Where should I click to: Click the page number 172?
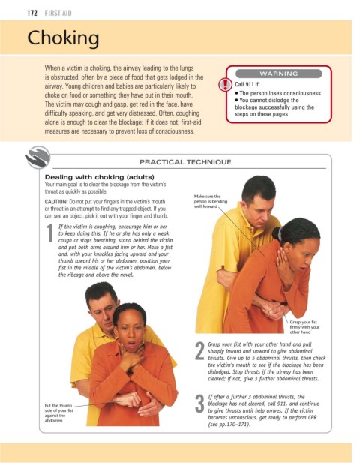click(32, 13)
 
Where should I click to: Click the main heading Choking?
click(63, 38)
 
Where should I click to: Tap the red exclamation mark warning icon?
click(225, 85)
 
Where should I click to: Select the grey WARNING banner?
click(278, 74)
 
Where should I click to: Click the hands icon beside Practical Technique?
click(37, 157)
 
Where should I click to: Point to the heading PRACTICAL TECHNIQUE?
click(185, 162)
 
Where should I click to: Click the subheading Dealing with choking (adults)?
click(100, 177)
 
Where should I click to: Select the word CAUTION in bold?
click(56, 202)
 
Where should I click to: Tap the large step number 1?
click(49, 233)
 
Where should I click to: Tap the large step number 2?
click(199, 351)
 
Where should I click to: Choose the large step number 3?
click(199, 404)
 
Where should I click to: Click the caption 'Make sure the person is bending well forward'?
click(211, 201)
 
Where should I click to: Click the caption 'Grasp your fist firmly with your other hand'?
click(304, 327)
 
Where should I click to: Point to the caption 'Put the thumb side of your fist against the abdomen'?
click(58, 413)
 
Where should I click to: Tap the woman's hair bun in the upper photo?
click(277, 233)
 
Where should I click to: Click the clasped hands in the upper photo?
click(273, 310)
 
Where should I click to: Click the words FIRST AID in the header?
click(58, 13)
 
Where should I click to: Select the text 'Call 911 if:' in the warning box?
click(247, 85)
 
